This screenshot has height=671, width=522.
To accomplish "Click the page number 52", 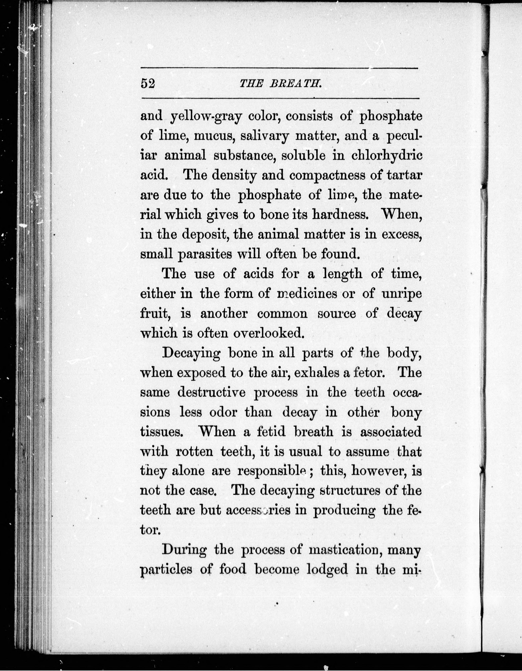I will tap(148, 83).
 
